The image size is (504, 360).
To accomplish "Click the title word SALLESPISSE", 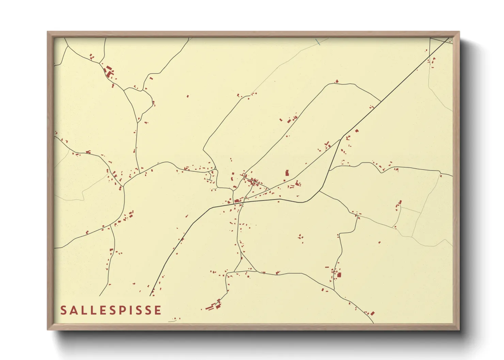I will pos(111,310).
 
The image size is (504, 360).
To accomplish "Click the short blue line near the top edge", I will pos(318,42).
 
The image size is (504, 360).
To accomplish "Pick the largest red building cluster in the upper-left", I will pos(109,72).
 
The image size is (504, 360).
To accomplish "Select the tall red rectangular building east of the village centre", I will pos(287,173).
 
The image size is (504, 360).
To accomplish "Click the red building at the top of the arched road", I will pos(337,81).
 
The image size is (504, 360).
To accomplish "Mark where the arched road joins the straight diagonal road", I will pos(381,101).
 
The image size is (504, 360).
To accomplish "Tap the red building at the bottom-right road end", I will pos(373,313).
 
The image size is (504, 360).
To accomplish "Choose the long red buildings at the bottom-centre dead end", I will pos(213,307).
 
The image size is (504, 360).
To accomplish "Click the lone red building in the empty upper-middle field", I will pos(188,96).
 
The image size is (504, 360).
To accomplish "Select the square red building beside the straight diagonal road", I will pos(357,131).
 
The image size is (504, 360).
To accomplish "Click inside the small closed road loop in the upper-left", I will pos(138,100).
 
